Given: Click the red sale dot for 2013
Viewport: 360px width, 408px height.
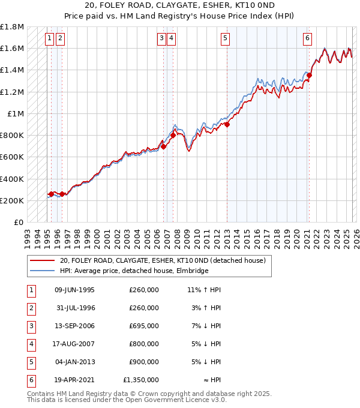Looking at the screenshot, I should click(x=227, y=124).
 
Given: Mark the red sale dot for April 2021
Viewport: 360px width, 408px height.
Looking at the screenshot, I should click(x=310, y=75).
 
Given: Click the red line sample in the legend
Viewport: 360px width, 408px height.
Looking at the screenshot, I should click(x=42, y=260).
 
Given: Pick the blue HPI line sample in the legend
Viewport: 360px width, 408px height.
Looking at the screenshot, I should click(x=42, y=271).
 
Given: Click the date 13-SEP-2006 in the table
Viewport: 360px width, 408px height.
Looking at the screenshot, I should click(x=74, y=326).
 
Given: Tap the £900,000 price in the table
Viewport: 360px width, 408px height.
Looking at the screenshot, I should click(x=144, y=362).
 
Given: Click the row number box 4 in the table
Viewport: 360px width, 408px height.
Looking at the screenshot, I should click(x=31, y=344).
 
